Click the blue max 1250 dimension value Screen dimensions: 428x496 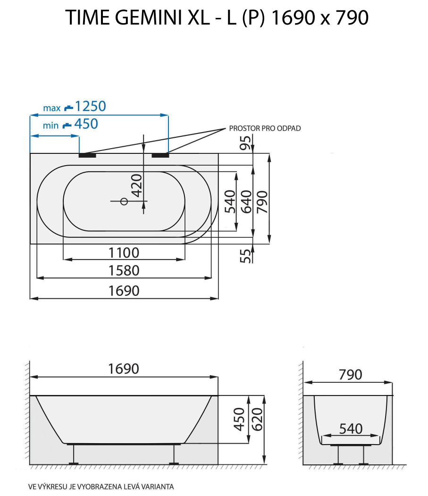[x=90, y=106]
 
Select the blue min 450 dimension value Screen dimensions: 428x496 [x=86, y=124]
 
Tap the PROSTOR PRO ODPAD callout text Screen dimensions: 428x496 [x=265, y=128]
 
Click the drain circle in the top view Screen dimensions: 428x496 [x=124, y=201]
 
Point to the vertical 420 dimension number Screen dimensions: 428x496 [x=137, y=185]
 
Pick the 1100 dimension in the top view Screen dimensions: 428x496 [x=124, y=253]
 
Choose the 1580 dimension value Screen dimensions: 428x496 [x=124, y=270]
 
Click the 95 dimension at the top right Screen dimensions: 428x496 [x=245, y=143]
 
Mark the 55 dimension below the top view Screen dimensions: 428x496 [x=245, y=256]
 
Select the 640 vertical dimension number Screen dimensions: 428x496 [x=246, y=202]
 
